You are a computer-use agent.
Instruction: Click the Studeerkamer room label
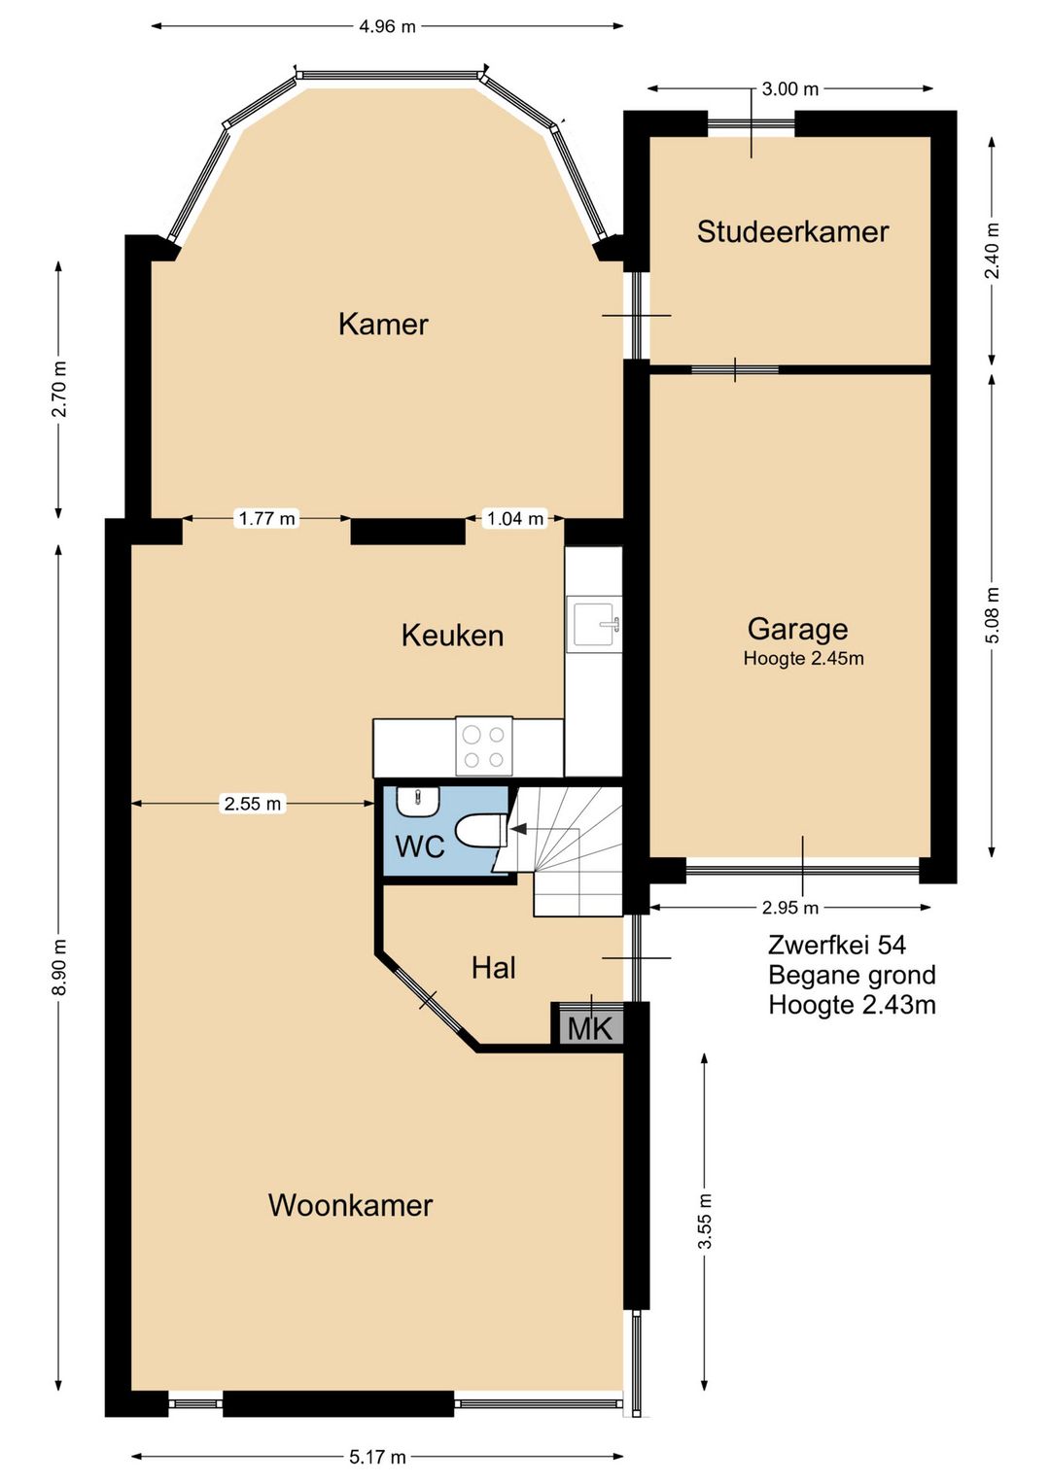point(792,231)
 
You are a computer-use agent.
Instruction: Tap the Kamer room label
point(383,324)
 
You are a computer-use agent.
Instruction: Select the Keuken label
point(452,636)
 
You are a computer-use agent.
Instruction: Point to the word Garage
point(797,629)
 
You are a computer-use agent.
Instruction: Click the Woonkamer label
point(350,1205)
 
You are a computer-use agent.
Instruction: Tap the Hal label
point(493,968)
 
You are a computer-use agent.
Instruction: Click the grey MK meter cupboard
point(589,1027)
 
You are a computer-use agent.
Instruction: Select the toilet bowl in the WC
point(479,832)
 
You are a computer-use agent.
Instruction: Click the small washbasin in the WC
point(418,801)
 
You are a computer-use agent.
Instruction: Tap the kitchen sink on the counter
point(594,623)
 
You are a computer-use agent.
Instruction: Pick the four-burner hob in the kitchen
point(483,747)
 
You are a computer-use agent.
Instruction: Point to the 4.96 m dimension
point(387,26)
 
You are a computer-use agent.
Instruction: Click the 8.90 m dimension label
point(59,967)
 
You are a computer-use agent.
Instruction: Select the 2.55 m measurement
point(253,804)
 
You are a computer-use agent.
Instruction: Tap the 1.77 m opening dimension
point(267,519)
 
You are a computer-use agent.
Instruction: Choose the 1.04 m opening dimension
point(515,519)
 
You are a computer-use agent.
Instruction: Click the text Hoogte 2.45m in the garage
point(803,659)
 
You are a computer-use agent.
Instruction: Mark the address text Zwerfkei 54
point(836,945)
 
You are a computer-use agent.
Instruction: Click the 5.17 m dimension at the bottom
point(377,1457)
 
